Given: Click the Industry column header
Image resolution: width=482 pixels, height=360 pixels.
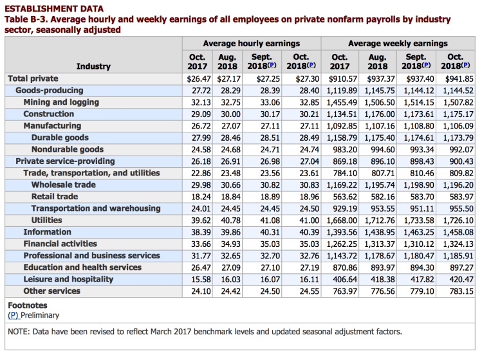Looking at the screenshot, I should coord(93,66).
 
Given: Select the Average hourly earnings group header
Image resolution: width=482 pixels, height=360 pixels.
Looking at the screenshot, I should coord(252,44).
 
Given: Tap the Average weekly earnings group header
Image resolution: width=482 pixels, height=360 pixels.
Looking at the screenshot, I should coord(398,44).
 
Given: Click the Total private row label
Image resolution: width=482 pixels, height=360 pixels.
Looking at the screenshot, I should coord(33,78).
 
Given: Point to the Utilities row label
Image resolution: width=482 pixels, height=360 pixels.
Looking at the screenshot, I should coord(46,220).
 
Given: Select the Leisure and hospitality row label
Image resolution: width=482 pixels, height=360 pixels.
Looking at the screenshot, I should coord(68,279).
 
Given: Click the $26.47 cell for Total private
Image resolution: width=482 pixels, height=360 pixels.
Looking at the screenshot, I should coord(190,78).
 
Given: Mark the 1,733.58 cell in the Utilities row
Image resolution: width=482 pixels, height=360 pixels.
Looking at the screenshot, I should coord(418,220).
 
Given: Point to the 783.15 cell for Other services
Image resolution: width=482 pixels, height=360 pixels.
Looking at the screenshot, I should coord(459,291).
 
